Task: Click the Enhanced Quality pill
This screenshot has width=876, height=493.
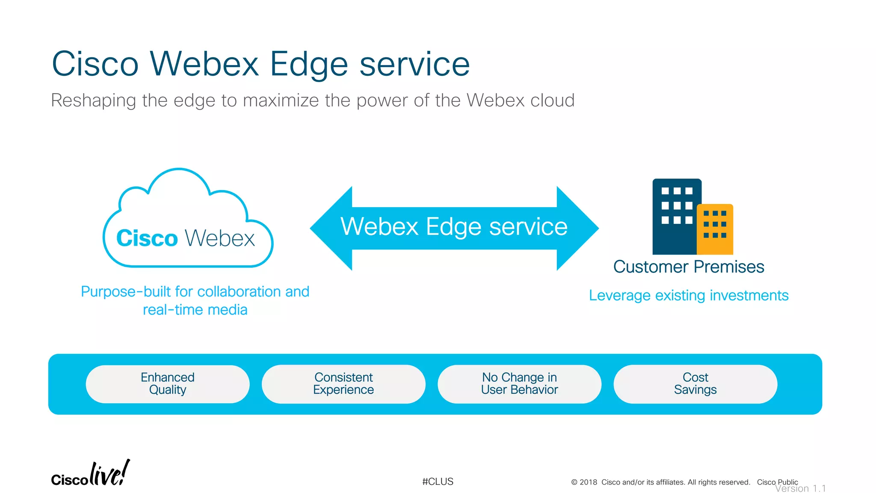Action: coord(167,383)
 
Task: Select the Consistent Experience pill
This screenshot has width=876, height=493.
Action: coord(343,383)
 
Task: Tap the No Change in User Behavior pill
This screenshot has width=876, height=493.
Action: coord(519,383)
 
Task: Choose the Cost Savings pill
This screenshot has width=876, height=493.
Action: coord(695,383)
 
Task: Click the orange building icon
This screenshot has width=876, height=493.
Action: coord(715,230)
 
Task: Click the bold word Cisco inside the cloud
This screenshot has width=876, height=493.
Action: coord(147,238)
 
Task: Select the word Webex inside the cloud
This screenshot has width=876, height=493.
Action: coord(220,238)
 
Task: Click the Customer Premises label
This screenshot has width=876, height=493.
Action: coord(688,267)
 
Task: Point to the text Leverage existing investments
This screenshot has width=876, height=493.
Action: coord(688,295)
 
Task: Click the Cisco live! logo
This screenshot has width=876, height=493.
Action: coord(90,474)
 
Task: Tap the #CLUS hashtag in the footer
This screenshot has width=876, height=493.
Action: coord(438,481)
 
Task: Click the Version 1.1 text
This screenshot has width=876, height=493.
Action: coord(800,489)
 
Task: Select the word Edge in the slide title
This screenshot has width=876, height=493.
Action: coord(309,64)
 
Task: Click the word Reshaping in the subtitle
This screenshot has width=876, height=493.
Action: coord(93,101)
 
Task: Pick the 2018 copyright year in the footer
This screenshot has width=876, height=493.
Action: coord(588,482)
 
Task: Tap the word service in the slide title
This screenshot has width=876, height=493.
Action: coord(414,64)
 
